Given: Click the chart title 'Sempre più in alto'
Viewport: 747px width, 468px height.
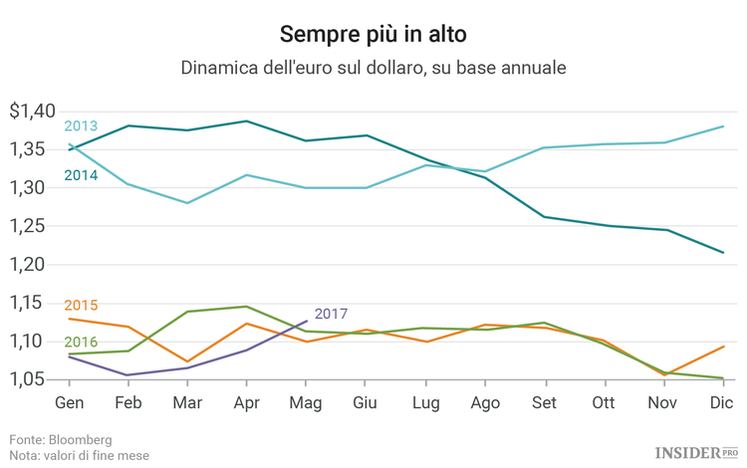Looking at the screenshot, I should click(373, 34).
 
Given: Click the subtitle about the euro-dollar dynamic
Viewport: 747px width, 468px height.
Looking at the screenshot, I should click(373, 69).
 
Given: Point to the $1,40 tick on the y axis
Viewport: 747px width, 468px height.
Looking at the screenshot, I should click(32, 112).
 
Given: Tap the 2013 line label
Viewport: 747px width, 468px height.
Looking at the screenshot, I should click(81, 126).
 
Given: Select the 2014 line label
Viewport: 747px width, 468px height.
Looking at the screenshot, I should click(81, 175).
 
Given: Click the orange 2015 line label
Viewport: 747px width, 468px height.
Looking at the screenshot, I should click(81, 305).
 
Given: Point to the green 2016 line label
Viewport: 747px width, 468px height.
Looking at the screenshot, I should click(81, 342).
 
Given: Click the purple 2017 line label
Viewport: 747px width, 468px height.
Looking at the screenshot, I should click(331, 314).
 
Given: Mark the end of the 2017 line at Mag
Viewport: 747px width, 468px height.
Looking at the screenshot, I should click(307, 321).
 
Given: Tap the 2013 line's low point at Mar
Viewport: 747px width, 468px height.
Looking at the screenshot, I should click(187, 203).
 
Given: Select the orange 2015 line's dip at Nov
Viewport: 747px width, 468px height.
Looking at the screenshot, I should click(663, 375).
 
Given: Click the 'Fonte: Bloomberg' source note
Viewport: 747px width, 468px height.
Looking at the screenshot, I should click(61, 439).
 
